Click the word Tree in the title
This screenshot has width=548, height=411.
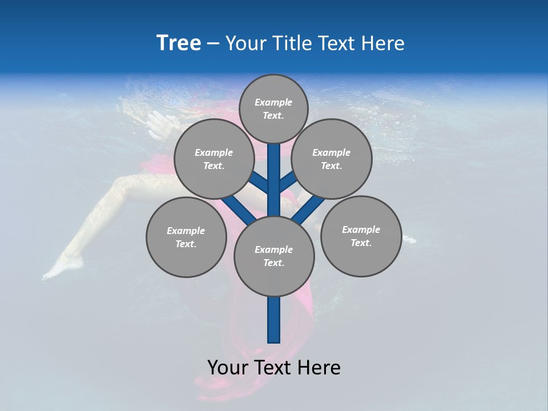point(179,43)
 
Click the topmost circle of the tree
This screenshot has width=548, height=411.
point(273,108)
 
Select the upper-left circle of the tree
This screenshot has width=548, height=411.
point(213,159)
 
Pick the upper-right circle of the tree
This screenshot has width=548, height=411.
point(332,159)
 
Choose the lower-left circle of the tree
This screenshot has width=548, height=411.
point(186,237)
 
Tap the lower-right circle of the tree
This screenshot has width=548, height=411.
point(361,236)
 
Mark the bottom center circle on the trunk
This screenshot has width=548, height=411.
point(274,256)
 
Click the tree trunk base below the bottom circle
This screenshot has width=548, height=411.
point(274,320)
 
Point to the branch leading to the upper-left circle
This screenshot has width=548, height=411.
point(260,183)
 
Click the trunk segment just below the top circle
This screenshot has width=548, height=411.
point(274,166)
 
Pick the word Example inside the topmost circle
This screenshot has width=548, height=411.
point(273,102)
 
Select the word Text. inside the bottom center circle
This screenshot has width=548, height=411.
point(273,263)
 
